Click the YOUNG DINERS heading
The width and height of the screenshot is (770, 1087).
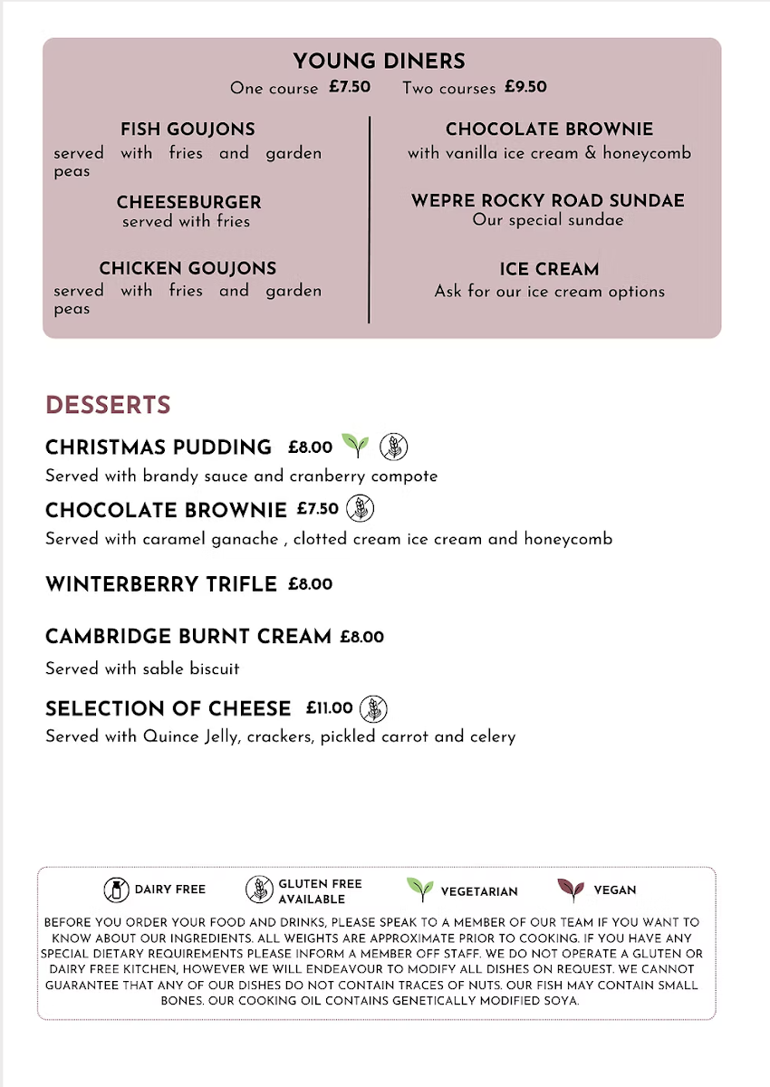(x=379, y=62)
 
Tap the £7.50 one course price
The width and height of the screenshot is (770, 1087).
(x=350, y=87)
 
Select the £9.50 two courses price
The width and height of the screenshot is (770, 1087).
(x=525, y=87)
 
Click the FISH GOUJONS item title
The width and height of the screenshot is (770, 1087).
(x=188, y=130)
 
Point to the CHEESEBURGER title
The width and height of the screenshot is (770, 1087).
(x=188, y=202)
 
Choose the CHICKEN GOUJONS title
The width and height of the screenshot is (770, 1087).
(x=188, y=268)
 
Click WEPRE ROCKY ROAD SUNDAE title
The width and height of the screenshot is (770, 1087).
(x=548, y=200)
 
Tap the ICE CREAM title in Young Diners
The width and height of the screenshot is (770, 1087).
(x=549, y=269)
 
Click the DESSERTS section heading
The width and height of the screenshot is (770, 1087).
(x=108, y=404)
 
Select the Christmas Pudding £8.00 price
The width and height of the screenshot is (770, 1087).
(x=310, y=447)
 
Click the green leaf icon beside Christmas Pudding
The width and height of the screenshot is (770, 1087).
(x=355, y=445)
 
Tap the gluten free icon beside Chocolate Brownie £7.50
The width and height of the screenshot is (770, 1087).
(x=360, y=508)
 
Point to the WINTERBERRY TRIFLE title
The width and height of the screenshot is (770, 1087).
(x=160, y=584)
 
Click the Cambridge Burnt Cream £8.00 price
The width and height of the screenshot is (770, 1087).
(x=361, y=637)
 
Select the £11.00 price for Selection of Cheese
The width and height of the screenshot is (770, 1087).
(x=329, y=707)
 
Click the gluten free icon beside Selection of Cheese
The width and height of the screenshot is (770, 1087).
(x=373, y=708)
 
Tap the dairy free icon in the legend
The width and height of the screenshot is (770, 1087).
(x=116, y=890)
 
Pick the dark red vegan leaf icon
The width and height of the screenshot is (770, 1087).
(x=570, y=890)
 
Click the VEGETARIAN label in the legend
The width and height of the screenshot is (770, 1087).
(x=479, y=891)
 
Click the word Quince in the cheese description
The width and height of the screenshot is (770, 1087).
(x=167, y=736)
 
